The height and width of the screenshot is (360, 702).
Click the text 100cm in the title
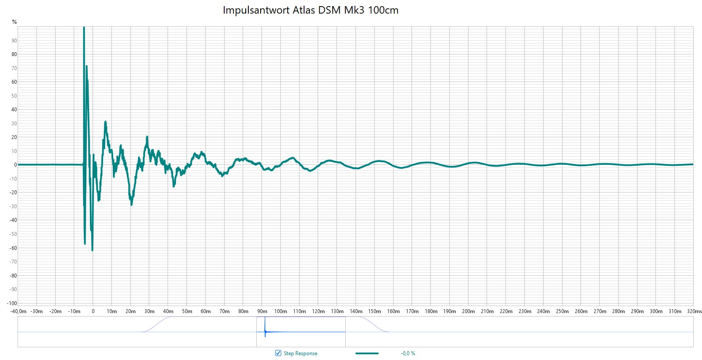(383, 10)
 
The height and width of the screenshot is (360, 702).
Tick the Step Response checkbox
(278, 353)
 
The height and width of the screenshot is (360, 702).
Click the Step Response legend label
(300, 353)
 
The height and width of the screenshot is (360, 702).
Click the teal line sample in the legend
(367, 353)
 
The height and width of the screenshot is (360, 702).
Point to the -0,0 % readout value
(408, 353)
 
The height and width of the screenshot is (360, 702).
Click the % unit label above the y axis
(14, 22)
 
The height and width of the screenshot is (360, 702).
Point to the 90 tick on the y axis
(14, 41)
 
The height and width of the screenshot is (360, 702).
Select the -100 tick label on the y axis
(12, 303)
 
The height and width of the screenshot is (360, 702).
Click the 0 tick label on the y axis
(15, 165)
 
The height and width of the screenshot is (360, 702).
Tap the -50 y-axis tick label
(14, 234)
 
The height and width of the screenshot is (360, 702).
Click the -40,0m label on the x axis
(18, 311)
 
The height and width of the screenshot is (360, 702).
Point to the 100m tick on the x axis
(280, 311)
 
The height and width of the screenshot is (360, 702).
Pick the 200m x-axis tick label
(468, 311)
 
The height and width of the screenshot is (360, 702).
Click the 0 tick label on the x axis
(93, 311)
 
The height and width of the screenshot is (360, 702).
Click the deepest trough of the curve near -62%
(92, 250)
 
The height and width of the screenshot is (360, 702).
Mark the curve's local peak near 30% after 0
(105, 122)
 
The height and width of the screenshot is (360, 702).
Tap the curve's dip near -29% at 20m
(131, 204)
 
